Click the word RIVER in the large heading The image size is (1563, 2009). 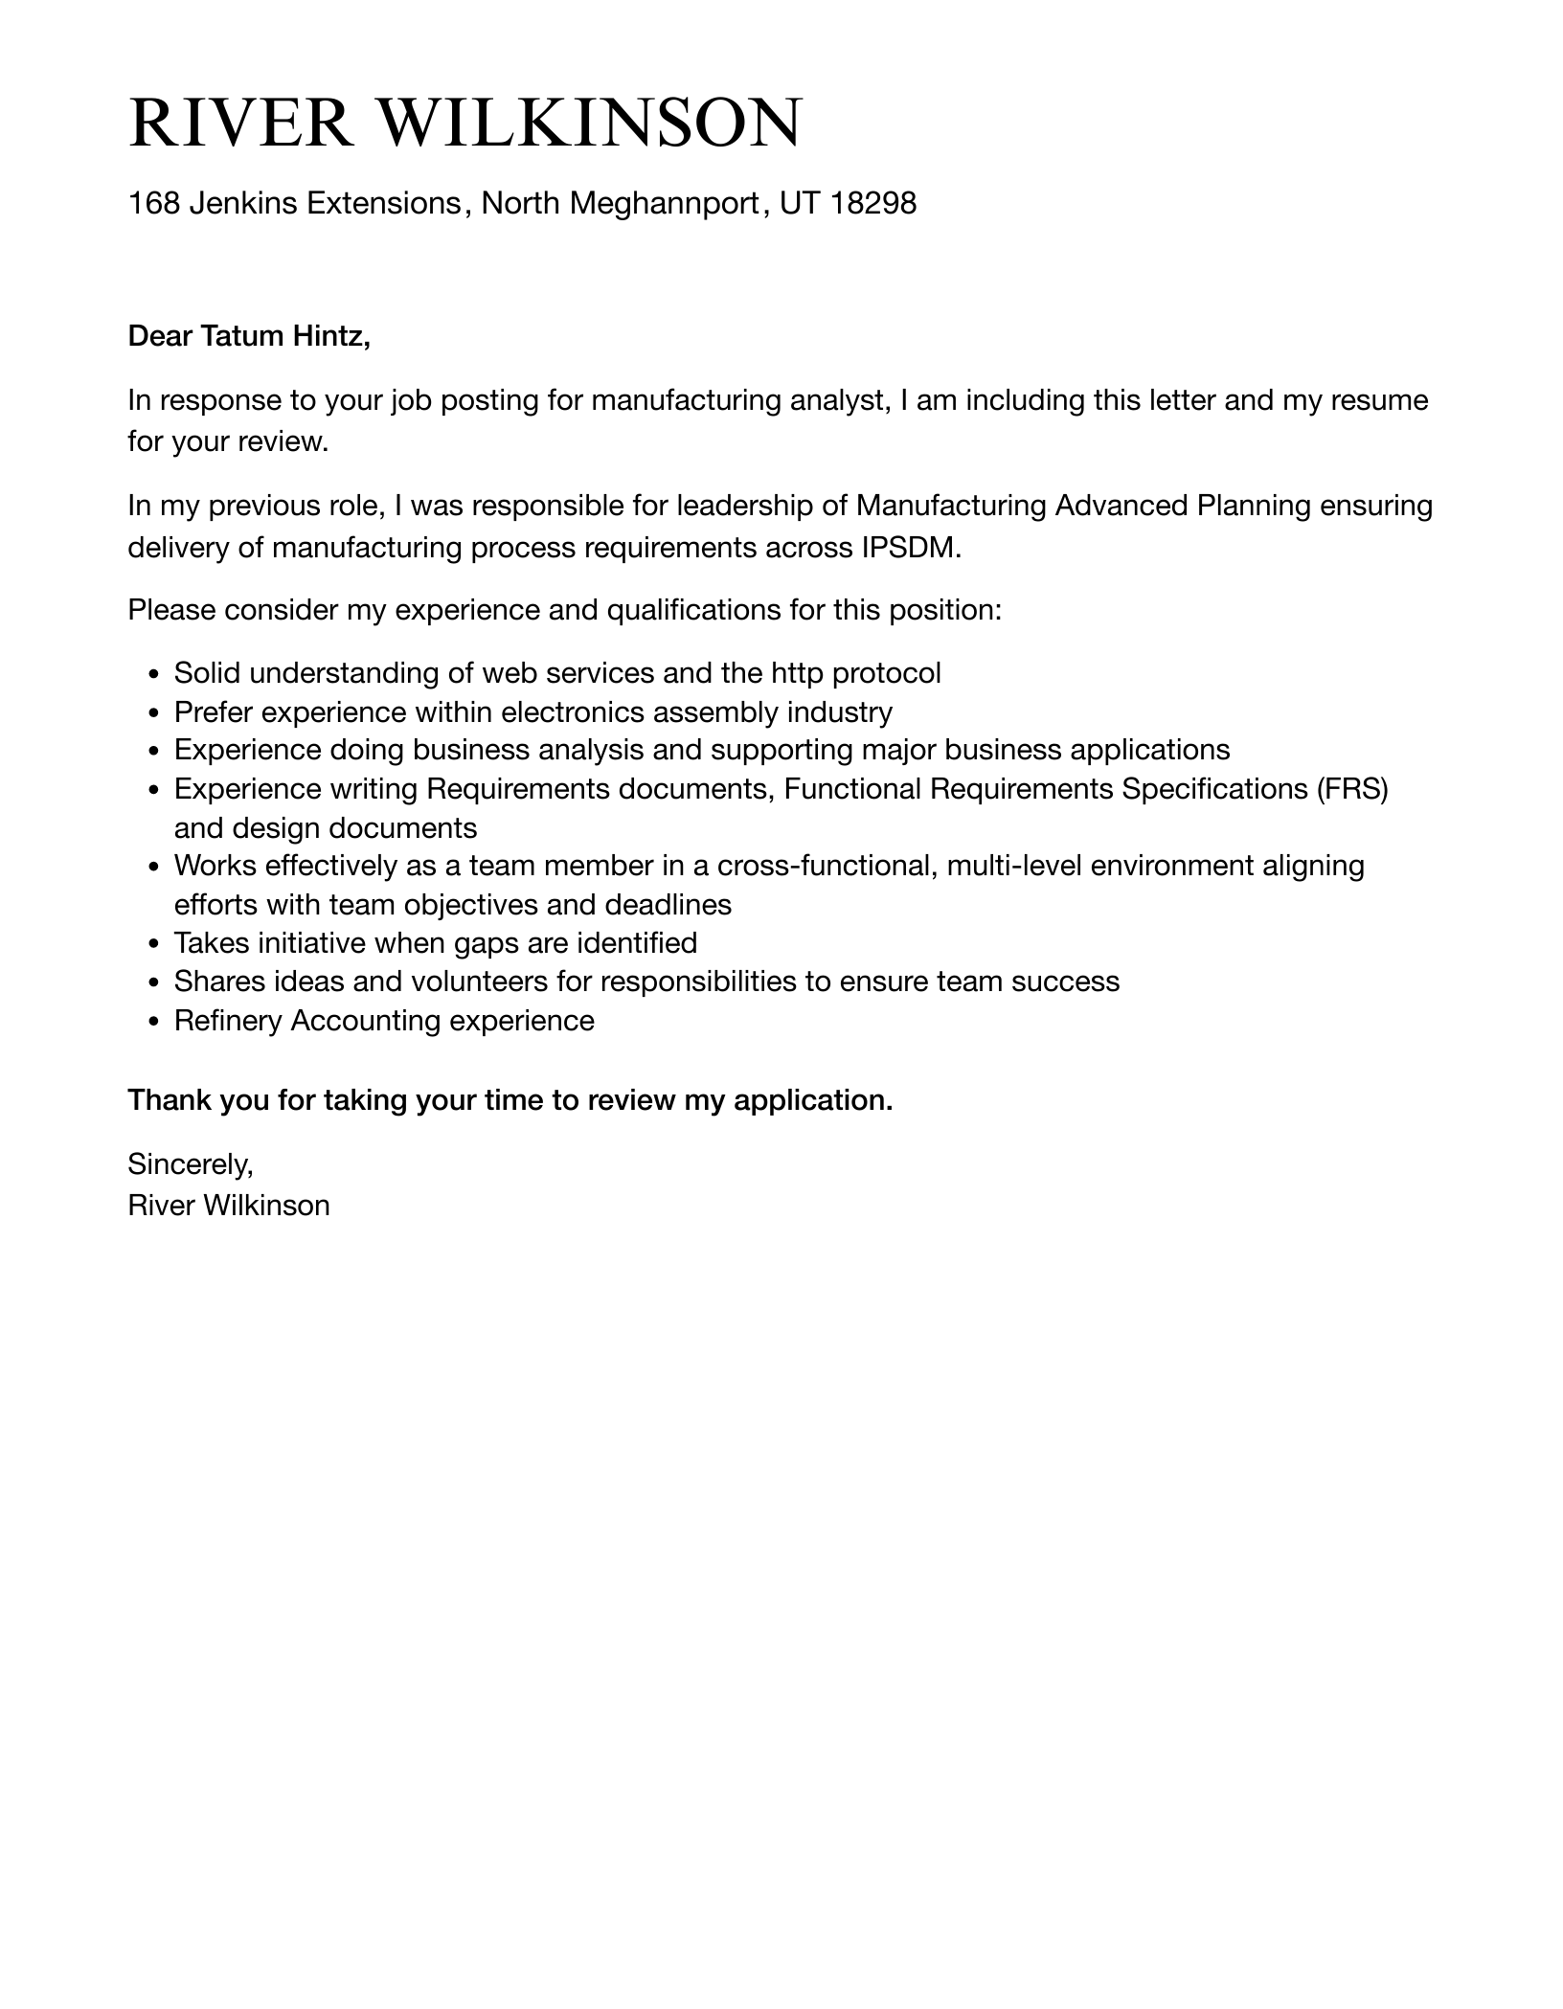[240, 124]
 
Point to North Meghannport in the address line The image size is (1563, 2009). [620, 203]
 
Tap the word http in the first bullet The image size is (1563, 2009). [797, 673]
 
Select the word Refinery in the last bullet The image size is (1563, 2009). [228, 1021]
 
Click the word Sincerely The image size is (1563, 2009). [190, 1164]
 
